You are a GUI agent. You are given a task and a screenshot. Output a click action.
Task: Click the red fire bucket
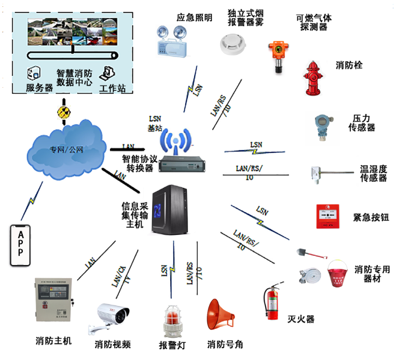coord(338,274)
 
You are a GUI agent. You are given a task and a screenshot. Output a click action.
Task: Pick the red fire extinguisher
coord(272,302)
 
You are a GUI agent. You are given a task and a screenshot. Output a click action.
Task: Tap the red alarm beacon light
coord(172,322)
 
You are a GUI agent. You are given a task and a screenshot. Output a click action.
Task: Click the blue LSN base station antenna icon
coord(175,141)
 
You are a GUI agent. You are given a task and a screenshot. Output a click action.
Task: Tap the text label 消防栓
coord(349,65)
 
